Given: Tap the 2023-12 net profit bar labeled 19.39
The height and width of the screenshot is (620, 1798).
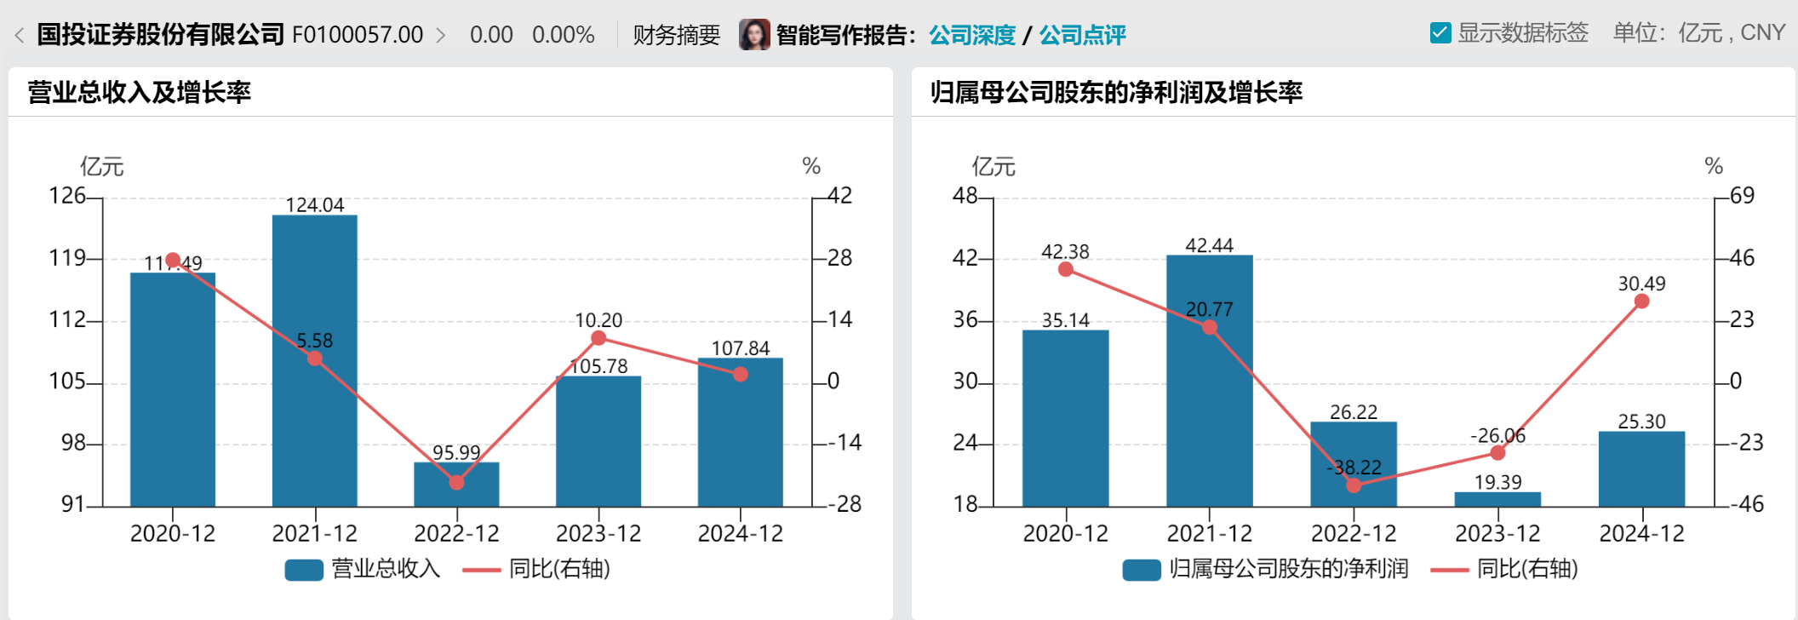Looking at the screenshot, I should [1497, 500].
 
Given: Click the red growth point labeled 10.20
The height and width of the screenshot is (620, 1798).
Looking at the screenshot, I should [598, 338].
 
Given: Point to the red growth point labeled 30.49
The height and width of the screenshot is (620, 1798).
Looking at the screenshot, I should [1642, 301].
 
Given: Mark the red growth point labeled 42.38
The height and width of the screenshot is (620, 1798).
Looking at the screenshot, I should [1066, 269].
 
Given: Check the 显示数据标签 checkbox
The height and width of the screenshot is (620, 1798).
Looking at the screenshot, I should [1440, 33].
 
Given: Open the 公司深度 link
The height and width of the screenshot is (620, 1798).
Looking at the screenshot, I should [972, 35].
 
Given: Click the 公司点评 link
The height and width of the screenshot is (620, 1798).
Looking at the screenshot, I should [1082, 35].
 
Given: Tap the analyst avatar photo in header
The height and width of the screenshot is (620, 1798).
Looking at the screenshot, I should [754, 35].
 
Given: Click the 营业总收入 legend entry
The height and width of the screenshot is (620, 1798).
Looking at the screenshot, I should [364, 569].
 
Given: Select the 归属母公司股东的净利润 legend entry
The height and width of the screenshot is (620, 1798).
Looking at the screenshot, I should [1266, 569].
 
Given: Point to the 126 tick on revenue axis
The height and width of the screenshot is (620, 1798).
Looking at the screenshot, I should [67, 196].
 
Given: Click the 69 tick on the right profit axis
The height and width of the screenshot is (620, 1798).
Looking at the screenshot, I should [1742, 196].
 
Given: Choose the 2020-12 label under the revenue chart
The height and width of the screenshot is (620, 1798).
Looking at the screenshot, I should [173, 534].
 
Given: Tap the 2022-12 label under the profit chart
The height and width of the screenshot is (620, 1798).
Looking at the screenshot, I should [1354, 534].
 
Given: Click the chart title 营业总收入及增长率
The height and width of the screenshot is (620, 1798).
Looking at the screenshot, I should [140, 92].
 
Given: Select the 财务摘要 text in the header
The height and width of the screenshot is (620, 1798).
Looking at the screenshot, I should [677, 35].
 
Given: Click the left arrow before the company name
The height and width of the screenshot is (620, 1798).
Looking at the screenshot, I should [19, 36].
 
